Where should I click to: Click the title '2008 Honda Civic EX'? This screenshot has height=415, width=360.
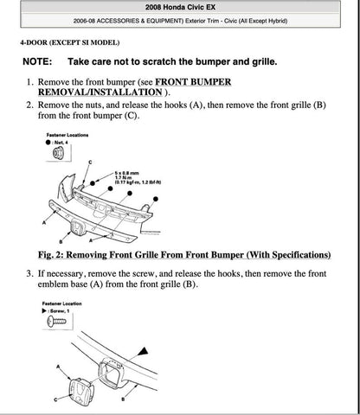click(179, 7)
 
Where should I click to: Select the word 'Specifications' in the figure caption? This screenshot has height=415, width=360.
click(295, 256)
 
